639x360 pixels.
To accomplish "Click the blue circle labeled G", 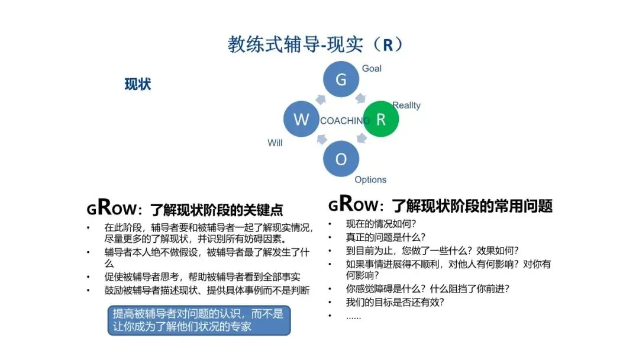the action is pyautogui.click(x=341, y=79).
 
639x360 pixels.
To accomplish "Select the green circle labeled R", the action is pyautogui.click(x=380, y=119).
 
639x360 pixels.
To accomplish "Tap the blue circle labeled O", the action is pyautogui.click(x=341, y=159).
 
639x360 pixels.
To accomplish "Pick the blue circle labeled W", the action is pyautogui.click(x=301, y=119).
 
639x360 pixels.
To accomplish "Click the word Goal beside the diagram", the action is pyautogui.click(x=372, y=69).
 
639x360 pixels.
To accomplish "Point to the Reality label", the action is pyautogui.click(x=406, y=105).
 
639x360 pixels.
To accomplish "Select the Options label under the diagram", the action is pyautogui.click(x=370, y=179).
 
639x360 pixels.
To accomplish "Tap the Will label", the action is pyautogui.click(x=275, y=143).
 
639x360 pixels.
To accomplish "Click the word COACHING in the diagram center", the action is pyautogui.click(x=345, y=121).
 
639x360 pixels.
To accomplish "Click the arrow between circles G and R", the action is pyautogui.click(x=360, y=98).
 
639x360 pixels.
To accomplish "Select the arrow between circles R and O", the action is pyautogui.click(x=362, y=139).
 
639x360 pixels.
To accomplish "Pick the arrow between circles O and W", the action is pyautogui.click(x=321, y=139).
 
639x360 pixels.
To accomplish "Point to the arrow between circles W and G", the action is pyautogui.click(x=321, y=99).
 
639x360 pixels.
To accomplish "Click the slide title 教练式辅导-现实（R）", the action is pyautogui.click(x=315, y=44).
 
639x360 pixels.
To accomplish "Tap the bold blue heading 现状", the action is pyautogui.click(x=138, y=85).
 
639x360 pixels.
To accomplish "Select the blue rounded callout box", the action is pyautogui.click(x=199, y=320).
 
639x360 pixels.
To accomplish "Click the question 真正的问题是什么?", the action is pyautogui.click(x=386, y=237).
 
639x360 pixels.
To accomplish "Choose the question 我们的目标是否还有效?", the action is pyautogui.click(x=395, y=302).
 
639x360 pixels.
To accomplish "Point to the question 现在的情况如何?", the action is pyautogui.click(x=381, y=223).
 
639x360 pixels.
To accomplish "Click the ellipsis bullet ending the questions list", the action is pyautogui.click(x=353, y=317).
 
